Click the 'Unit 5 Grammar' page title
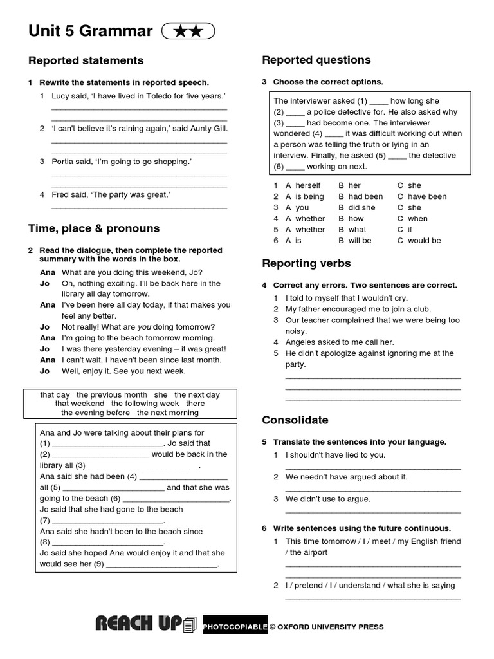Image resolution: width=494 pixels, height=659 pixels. point(90,31)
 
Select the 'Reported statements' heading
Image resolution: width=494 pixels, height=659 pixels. point(86,60)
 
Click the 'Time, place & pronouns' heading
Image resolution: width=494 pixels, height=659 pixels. point(94,228)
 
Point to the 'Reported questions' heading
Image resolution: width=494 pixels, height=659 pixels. point(316,60)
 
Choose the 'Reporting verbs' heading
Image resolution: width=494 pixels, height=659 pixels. point(306,263)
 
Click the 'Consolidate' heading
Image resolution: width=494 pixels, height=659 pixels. point(295,420)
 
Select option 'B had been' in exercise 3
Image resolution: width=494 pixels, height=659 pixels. point(365,196)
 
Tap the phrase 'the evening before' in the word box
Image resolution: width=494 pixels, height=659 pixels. point(96,413)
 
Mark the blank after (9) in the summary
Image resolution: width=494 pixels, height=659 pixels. point(161,564)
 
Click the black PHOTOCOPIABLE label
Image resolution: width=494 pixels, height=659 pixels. point(235,626)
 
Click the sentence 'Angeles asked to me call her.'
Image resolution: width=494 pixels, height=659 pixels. point(340,342)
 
